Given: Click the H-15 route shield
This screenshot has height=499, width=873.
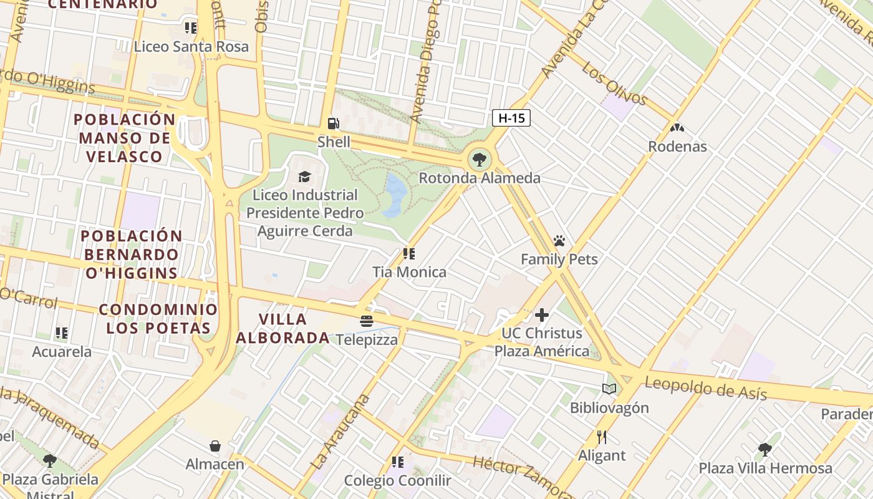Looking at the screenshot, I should point(511,118).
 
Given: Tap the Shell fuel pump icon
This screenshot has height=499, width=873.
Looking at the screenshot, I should point(334,124).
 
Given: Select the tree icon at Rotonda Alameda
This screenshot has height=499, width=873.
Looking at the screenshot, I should point(479,160).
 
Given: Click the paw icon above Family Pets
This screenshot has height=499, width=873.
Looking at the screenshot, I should point(559,241).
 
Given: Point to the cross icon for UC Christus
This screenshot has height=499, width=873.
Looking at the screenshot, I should point(541,315).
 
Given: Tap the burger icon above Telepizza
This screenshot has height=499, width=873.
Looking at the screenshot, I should point(367,321).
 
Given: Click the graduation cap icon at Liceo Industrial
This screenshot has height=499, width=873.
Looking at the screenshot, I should point(304,177).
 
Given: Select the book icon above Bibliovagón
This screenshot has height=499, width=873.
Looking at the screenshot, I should point(609,389).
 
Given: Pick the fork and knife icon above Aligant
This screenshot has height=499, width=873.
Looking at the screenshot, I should point(601,437).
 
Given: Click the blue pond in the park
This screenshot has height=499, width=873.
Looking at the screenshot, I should point(394,195).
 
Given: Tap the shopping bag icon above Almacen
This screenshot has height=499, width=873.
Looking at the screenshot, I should point(215,446).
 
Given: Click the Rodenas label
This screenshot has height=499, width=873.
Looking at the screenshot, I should point(677,147).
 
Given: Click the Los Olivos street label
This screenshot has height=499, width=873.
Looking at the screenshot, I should point(614,84).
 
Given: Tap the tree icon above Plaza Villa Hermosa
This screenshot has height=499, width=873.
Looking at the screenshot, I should point(764,450).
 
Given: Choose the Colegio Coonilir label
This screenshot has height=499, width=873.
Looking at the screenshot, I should point(398,481).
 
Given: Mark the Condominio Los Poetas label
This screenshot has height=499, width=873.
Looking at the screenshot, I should point(158,319).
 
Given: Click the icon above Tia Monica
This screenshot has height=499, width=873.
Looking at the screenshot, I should point(409,254).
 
